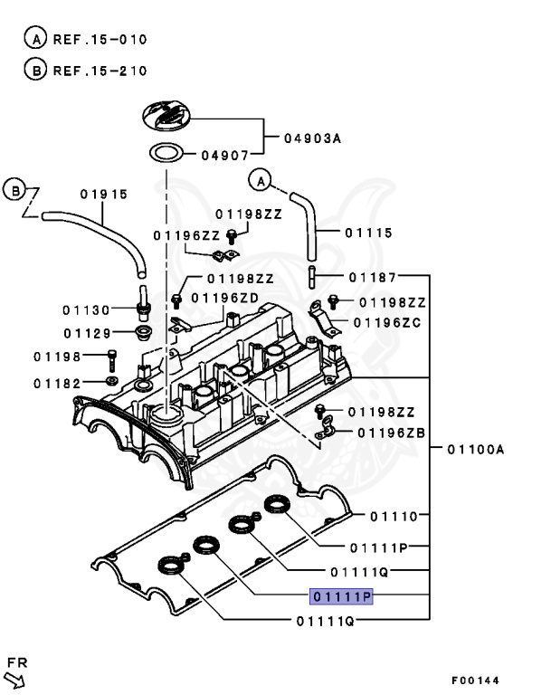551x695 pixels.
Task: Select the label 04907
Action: (x=220, y=155)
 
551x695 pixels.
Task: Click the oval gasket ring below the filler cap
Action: (x=166, y=151)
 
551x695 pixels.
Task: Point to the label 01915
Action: (x=103, y=194)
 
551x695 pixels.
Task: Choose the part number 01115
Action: (x=368, y=233)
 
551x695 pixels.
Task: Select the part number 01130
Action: (x=88, y=309)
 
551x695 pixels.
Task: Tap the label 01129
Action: (x=88, y=334)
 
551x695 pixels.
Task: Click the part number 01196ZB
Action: (x=391, y=433)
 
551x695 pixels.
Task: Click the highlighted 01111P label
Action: (x=341, y=596)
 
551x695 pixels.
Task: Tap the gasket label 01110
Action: (x=393, y=517)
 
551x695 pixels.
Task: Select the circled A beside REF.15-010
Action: (x=35, y=40)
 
